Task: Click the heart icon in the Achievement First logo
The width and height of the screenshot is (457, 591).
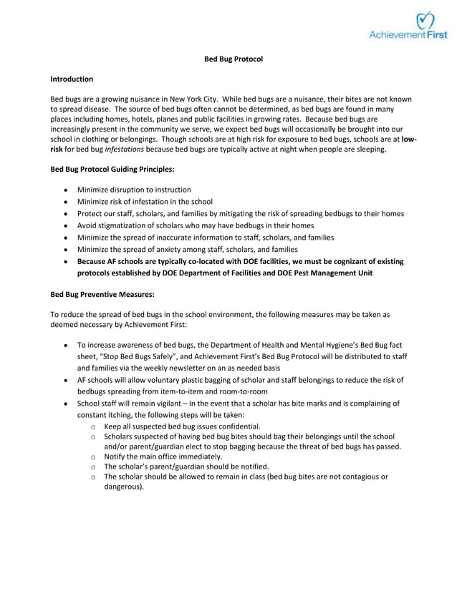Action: pyautogui.click(x=425, y=21)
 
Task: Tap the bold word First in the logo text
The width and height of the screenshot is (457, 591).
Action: pyautogui.click(x=436, y=34)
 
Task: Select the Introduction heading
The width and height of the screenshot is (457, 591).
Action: pyautogui.click(x=71, y=79)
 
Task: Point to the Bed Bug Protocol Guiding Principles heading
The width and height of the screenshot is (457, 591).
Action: pyautogui.click(x=112, y=170)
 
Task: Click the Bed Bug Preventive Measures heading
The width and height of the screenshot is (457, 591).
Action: pyautogui.click(x=102, y=293)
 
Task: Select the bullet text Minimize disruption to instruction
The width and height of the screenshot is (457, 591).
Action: pyautogui.click(x=134, y=190)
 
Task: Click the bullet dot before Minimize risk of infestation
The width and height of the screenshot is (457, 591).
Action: pyautogui.click(x=66, y=202)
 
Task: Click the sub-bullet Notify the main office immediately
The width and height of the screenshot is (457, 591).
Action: pyautogui.click(x=163, y=456)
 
